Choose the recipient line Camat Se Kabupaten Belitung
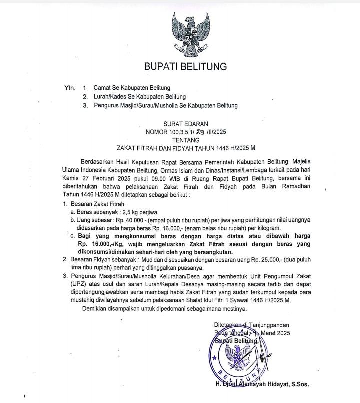(x=132, y=88)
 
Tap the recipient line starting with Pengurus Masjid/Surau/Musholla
(x=165, y=105)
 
